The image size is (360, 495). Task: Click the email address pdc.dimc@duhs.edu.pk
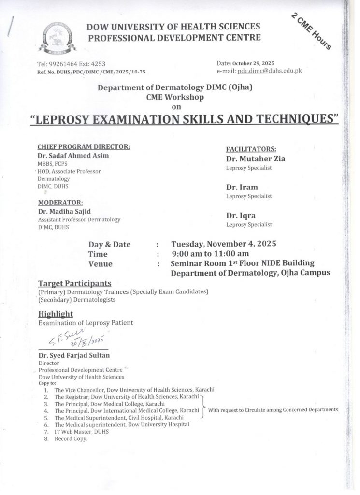[274, 71]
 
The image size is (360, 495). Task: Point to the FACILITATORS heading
[251, 149]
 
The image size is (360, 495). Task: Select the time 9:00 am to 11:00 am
[210, 254]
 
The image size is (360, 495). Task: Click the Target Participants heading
[75, 283]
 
